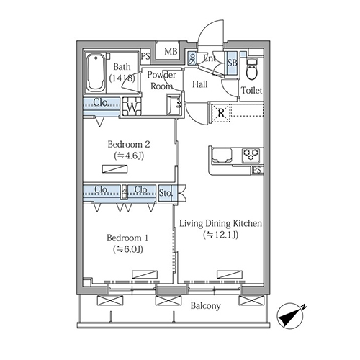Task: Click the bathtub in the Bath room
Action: pyautogui.click(x=96, y=73)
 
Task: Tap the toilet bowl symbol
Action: pyautogui.click(x=252, y=69)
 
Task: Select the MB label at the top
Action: pyautogui.click(x=171, y=51)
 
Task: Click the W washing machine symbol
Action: pyautogui.click(x=132, y=107)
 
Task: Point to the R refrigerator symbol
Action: pyautogui.click(x=221, y=113)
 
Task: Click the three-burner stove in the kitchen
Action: pyautogui.click(x=251, y=155)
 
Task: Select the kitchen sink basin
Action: pyautogui.click(x=222, y=155)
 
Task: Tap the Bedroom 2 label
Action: pyautogui.click(x=129, y=145)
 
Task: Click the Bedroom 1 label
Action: pyautogui.click(x=127, y=238)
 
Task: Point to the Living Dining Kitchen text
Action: pyautogui.click(x=220, y=223)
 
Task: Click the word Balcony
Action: pyautogui.click(x=205, y=306)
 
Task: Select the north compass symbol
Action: pyautogui.click(x=291, y=315)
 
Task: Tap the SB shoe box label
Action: pyautogui.click(x=232, y=63)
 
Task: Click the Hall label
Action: pyautogui.click(x=200, y=84)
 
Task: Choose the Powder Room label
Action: pyautogui.click(x=161, y=81)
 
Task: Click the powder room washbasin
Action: pyautogui.click(x=174, y=104)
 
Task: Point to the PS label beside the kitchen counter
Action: pyautogui.click(x=257, y=170)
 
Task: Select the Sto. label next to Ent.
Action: pyautogui.click(x=192, y=58)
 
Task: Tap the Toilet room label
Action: pyautogui.click(x=251, y=91)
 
